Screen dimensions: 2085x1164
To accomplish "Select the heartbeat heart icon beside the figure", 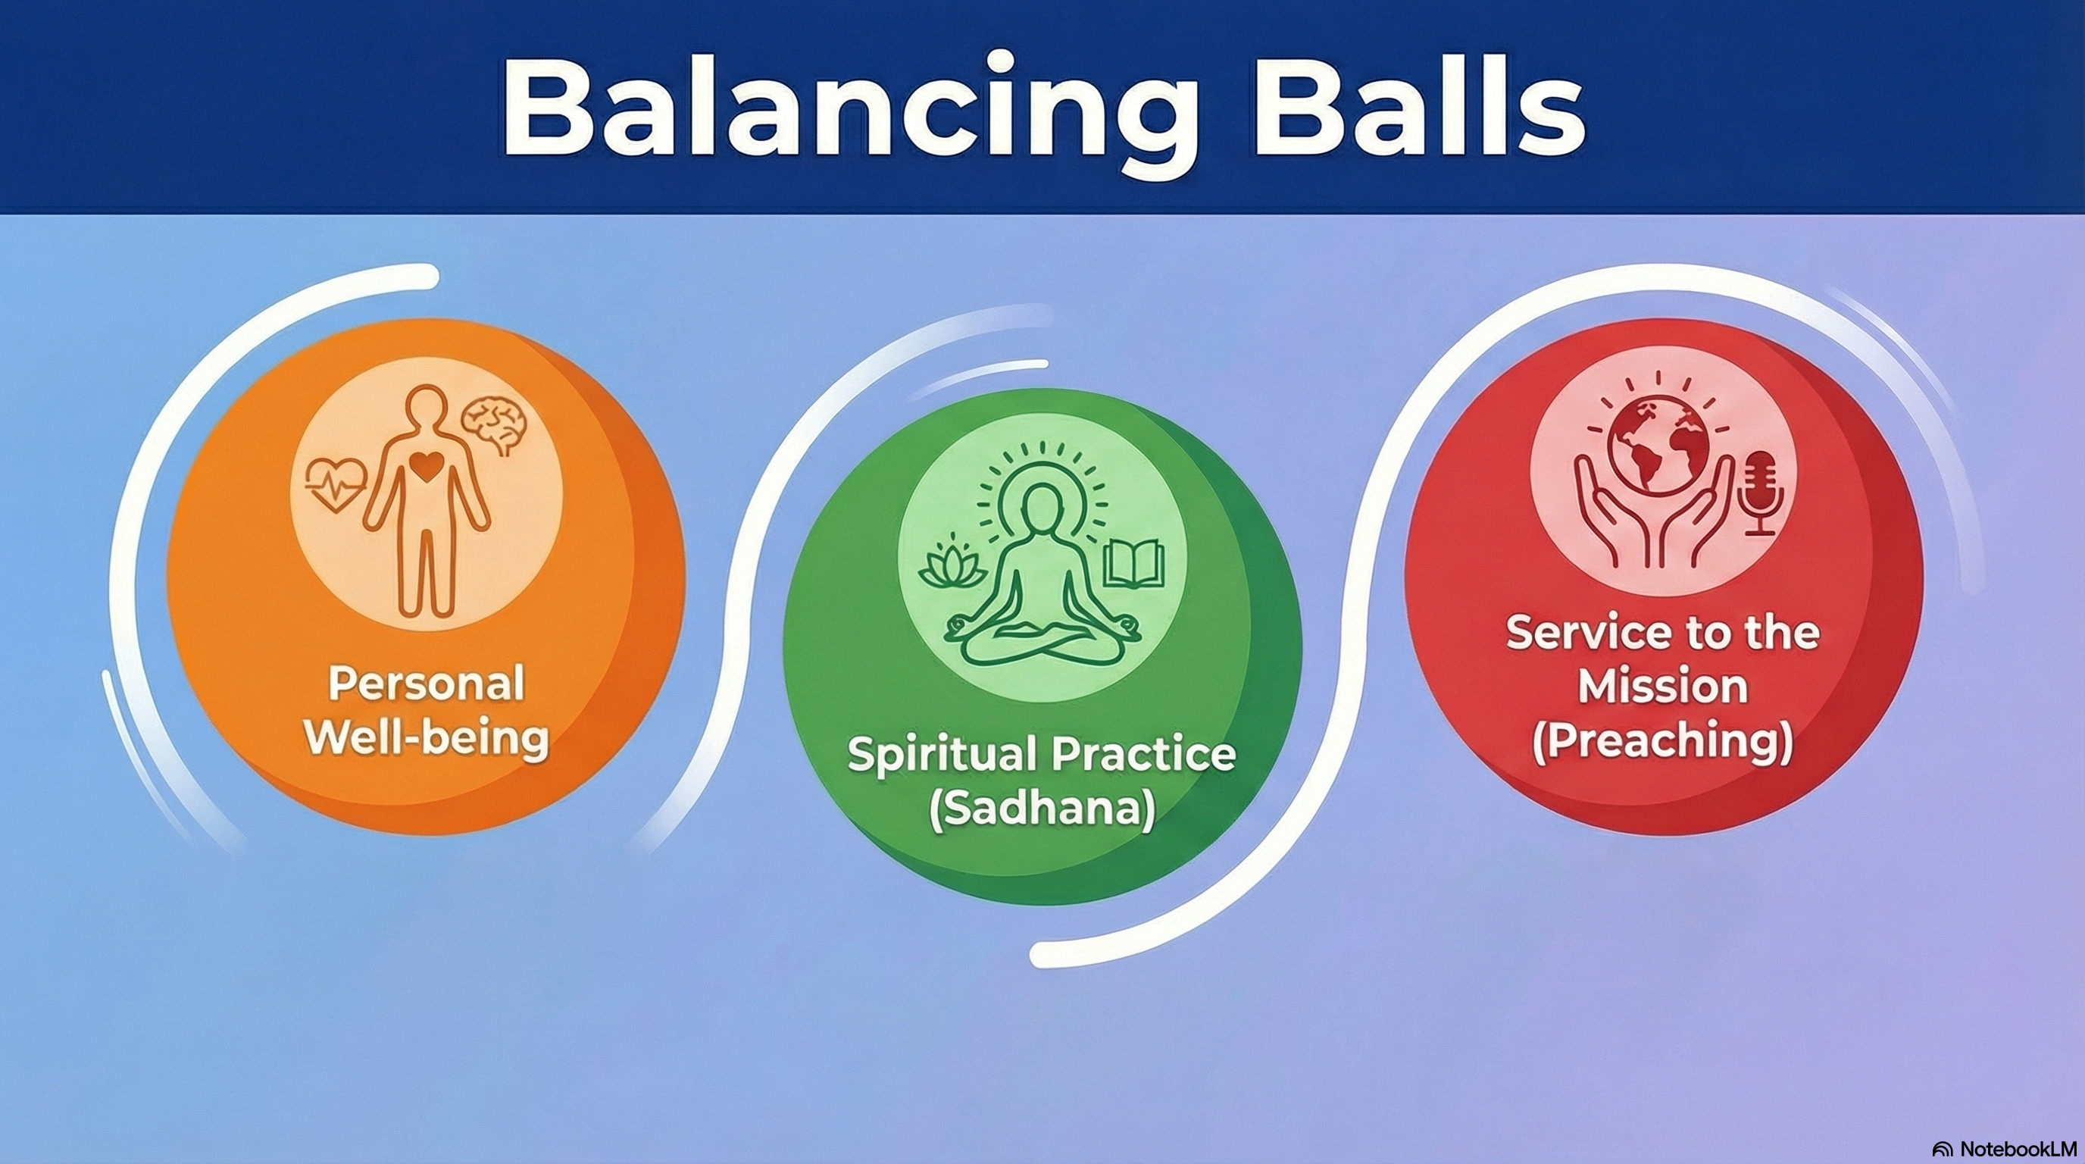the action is click(335, 484).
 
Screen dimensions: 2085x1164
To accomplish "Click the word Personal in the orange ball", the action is click(426, 685).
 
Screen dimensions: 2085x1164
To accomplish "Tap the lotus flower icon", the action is click(952, 565).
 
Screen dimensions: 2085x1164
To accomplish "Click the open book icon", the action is click(1134, 565).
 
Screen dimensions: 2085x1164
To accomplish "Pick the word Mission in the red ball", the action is click(1663, 687).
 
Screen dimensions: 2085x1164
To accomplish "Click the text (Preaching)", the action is click(1663, 740).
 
